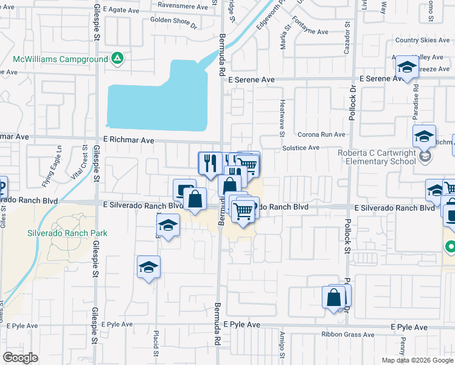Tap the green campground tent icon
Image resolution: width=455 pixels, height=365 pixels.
[x=117, y=60]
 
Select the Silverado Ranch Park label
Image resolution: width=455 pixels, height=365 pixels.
[x=67, y=233]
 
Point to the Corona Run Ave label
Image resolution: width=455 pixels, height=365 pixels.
[x=321, y=134]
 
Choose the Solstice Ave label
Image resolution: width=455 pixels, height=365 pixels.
[x=300, y=148]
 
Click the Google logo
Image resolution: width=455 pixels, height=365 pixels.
[x=20, y=358]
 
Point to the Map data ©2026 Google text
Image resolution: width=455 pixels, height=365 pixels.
[x=417, y=360]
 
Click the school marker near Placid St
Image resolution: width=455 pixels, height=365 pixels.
[x=148, y=268]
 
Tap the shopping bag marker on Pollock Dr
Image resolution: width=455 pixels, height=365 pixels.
[x=334, y=298]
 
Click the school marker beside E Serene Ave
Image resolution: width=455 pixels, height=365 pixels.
[x=406, y=68]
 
